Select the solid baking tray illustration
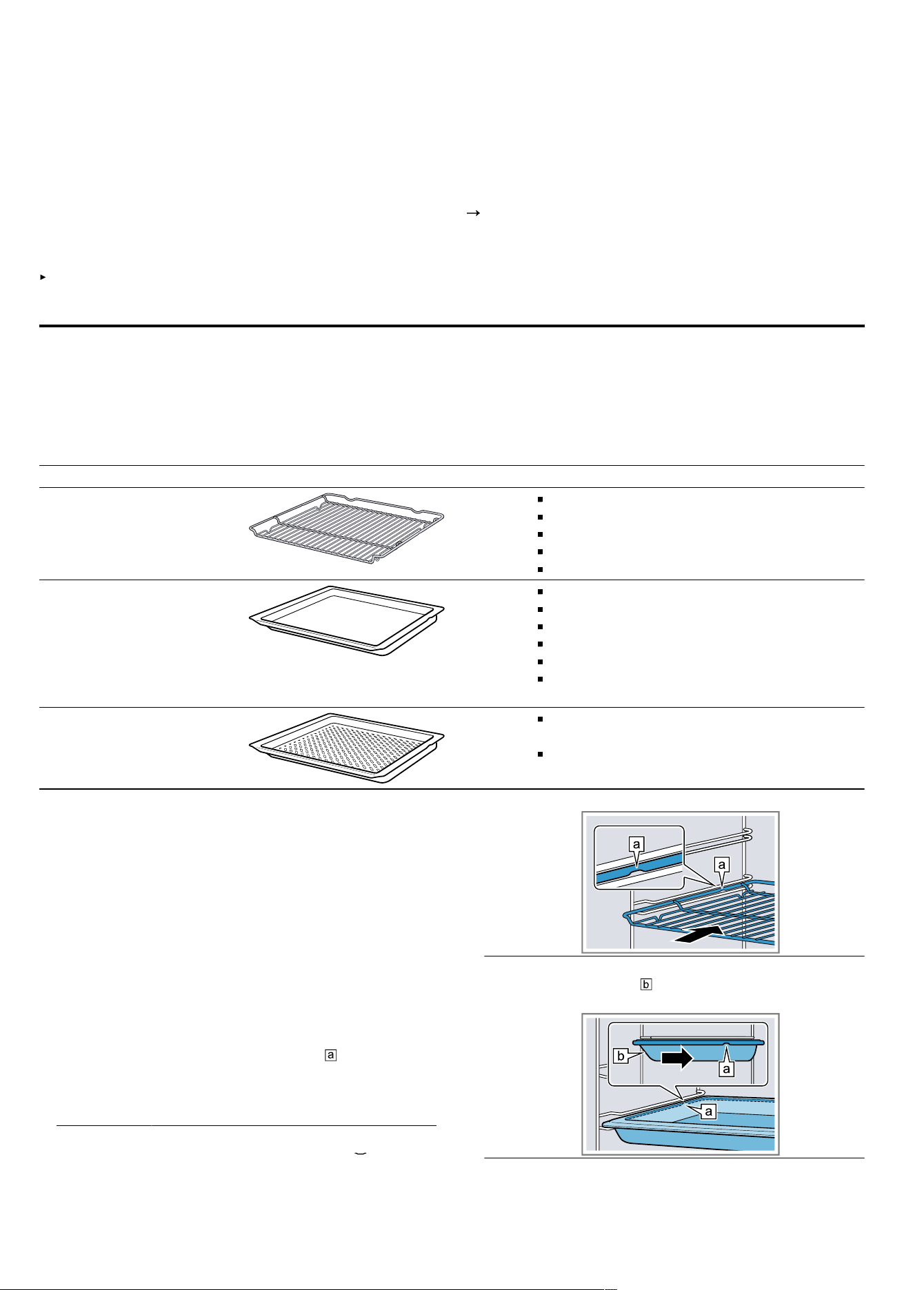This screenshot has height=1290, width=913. click(346, 620)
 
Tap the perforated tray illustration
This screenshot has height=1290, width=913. click(346, 748)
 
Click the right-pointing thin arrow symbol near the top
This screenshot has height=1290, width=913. click(472, 214)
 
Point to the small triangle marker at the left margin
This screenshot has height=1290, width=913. click(43, 277)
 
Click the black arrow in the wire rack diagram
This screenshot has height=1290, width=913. click(699, 934)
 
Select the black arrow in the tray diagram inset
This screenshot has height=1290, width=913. click(677, 1058)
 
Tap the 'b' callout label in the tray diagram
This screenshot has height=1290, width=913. click(621, 1056)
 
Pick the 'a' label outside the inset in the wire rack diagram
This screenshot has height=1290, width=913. click(722, 864)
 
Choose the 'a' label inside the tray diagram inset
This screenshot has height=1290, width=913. click(725, 1069)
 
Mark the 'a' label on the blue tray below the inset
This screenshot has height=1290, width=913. click(708, 1111)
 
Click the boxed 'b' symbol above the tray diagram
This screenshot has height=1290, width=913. click(646, 984)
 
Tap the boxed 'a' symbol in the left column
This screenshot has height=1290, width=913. click(331, 1055)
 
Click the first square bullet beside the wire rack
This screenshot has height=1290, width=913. click(541, 498)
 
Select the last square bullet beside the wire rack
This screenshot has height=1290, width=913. click(541, 570)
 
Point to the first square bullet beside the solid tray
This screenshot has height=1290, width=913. click(541, 591)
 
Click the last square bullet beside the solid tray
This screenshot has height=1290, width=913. click(541, 679)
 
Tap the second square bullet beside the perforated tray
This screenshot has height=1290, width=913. click(541, 755)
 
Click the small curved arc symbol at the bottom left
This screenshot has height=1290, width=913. click(359, 1153)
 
